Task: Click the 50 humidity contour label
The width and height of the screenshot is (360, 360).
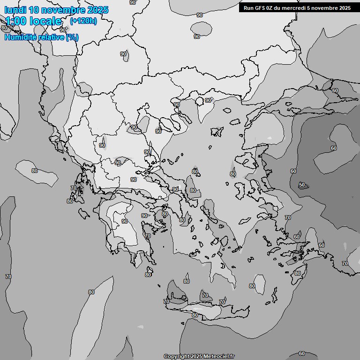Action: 302,185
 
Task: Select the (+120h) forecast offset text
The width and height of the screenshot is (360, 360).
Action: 83,21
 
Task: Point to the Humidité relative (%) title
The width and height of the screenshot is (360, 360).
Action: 41,37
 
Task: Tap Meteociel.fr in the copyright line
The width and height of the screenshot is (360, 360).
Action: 220,356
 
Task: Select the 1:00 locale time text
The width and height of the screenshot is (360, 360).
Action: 33,21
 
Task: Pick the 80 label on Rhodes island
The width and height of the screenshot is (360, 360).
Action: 298,273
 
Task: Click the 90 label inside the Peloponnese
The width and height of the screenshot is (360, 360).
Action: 125,221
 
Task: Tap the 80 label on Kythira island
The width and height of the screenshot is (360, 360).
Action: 148,275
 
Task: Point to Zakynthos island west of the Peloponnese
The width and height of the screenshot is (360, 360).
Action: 84,214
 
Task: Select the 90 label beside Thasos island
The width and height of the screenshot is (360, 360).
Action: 208,100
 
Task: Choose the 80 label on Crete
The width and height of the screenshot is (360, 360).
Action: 195,315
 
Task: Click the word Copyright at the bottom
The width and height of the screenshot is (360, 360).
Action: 176,356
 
